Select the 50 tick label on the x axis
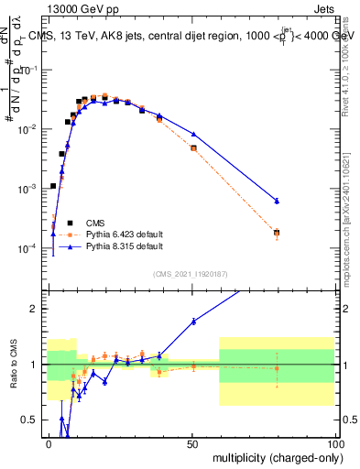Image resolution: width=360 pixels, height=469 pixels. pos(192,442)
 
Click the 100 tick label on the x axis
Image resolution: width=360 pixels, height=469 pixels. pos(335,442)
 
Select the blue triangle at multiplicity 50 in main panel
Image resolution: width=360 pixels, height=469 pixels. pos(193,135)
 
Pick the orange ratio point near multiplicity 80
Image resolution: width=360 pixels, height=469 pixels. pos(277,368)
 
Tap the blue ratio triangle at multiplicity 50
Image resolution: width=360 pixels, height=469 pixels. pos(193,321)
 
